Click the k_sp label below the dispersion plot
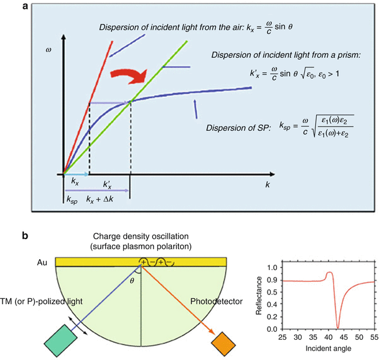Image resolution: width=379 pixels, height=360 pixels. click(x=72, y=199)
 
